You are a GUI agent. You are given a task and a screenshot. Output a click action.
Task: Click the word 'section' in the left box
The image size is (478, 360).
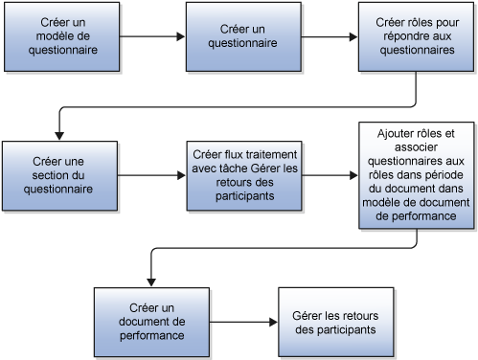(x=57, y=176)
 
